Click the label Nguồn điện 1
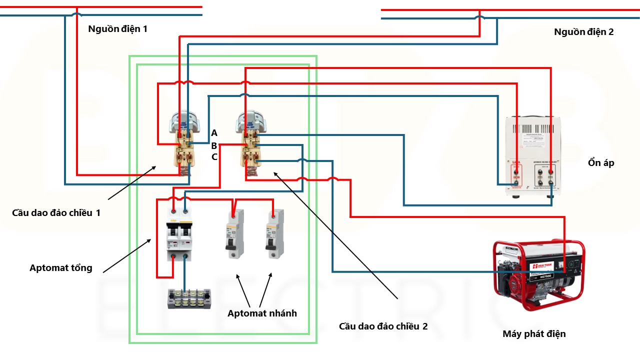click(117, 28)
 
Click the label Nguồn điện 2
click(583, 32)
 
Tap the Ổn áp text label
click(601, 163)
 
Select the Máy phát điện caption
click(534, 333)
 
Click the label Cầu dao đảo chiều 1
click(56, 212)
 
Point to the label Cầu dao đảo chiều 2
click(383, 326)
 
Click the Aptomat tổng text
click(61, 268)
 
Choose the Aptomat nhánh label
click(262, 313)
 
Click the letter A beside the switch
click(214, 133)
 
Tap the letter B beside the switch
click(214, 146)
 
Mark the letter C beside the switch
click(214, 157)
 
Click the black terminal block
click(188, 299)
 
